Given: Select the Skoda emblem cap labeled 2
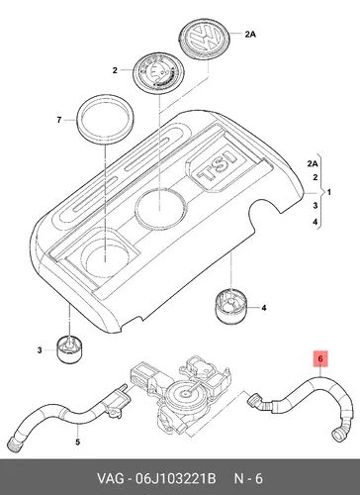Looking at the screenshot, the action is (159, 74).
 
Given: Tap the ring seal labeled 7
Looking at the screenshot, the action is (106, 120).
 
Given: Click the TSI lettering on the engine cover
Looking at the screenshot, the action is (218, 166).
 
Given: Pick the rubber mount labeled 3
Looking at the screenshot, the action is (70, 350).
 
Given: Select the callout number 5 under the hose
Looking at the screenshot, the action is (77, 442).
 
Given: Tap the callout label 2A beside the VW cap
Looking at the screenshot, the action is (250, 34).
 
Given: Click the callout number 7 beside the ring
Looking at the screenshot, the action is (59, 120).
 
